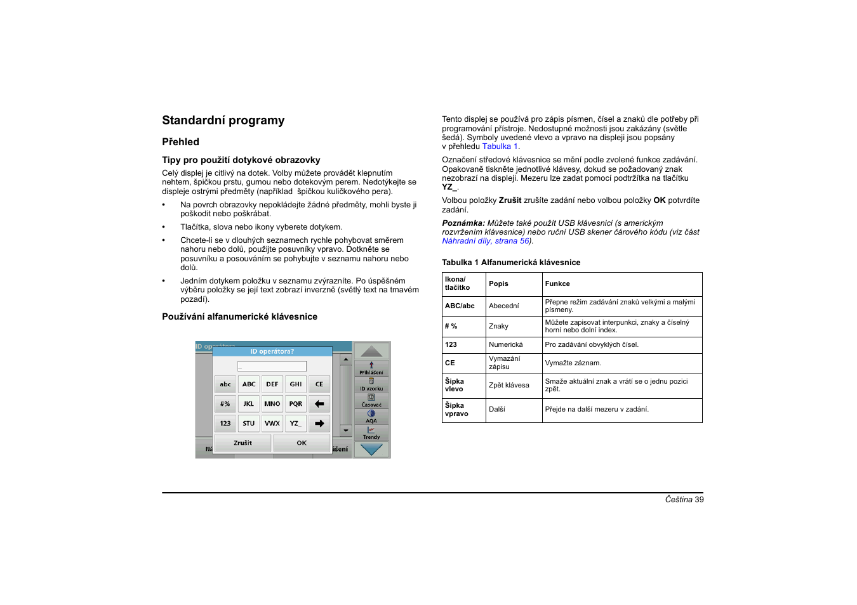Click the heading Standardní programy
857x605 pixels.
(223, 120)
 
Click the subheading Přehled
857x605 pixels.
(180, 142)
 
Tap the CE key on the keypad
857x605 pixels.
(319, 384)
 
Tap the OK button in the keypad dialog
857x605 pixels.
(302, 443)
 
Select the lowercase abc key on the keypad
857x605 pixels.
(225, 384)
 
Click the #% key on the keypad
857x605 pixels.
(225, 404)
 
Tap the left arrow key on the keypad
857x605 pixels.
(319, 404)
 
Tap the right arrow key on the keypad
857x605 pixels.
(319, 424)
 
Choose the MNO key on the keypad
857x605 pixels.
(272, 404)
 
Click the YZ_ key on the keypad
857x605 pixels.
(296, 424)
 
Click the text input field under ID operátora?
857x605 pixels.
(272, 367)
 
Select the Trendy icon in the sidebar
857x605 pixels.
(371, 433)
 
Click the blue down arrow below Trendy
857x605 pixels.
(371, 450)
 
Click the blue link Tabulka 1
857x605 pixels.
(500, 146)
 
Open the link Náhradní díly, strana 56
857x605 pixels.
(486, 241)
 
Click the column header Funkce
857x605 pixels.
(557, 284)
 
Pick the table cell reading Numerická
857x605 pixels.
(506, 345)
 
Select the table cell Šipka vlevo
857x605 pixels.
(455, 386)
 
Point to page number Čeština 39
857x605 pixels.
(684, 500)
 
